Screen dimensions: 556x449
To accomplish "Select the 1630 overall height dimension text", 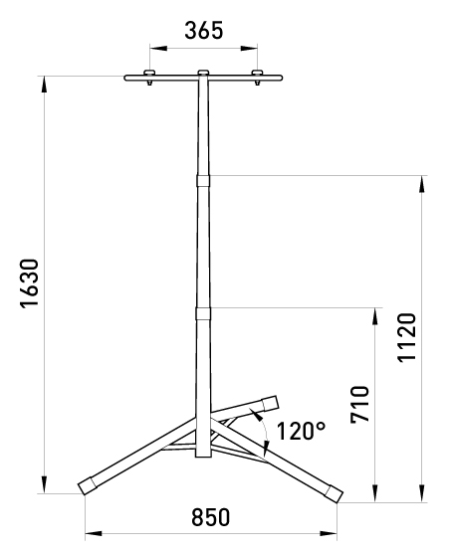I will [x=30, y=283].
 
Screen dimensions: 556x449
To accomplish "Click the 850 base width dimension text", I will [x=210, y=518].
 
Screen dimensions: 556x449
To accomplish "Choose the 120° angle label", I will [x=301, y=431].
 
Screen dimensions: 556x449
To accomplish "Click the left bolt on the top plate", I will [x=149, y=76].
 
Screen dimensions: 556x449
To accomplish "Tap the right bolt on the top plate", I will [x=258, y=76].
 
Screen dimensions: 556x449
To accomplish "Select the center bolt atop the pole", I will [x=203, y=74].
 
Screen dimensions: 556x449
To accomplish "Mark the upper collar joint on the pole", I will [x=203, y=180].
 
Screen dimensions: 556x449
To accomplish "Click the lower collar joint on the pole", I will [x=203, y=313].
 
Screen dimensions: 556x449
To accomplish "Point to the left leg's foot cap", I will [x=88, y=484].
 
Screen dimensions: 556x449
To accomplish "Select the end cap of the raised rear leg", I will [x=270, y=403].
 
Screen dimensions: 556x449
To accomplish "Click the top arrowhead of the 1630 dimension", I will [x=44, y=82].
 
